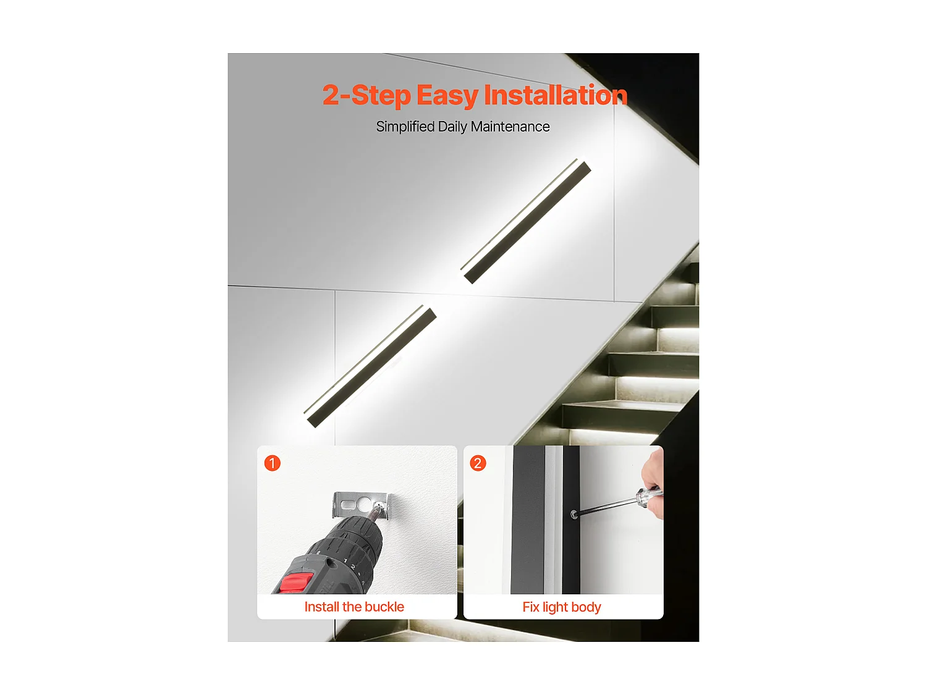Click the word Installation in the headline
point(555,96)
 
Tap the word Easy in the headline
point(447,96)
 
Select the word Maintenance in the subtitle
point(510,127)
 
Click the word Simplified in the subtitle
point(405,127)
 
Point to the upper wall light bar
point(527,222)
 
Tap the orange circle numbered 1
point(273,463)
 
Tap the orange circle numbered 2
point(478,463)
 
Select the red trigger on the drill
point(297,582)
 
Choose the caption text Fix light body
point(562,607)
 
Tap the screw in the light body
point(574,514)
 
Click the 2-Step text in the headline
point(366,96)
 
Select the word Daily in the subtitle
point(452,127)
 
